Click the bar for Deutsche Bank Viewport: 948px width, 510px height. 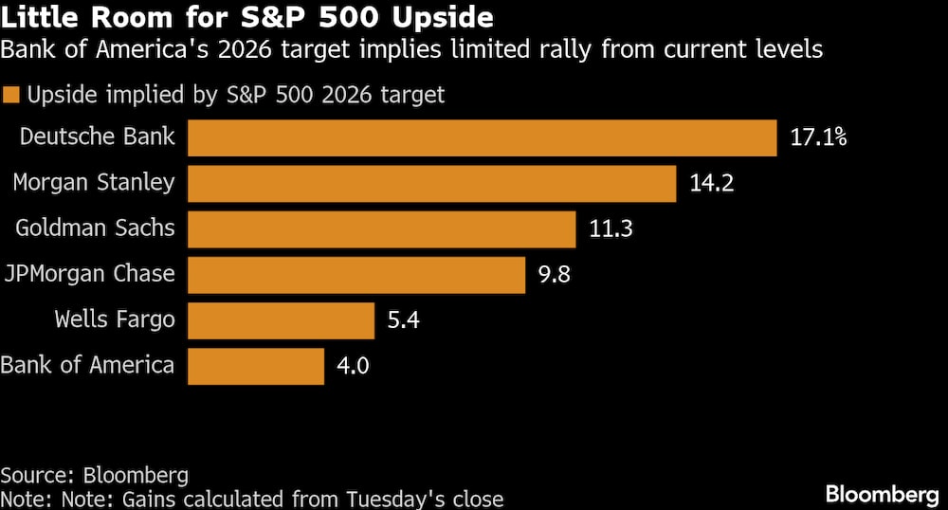point(483,137)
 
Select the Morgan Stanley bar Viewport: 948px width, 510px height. point(431,183)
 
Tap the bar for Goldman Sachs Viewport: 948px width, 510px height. point(381,228)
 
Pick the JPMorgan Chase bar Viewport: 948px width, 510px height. point(356,275)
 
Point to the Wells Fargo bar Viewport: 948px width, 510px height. point(281,320)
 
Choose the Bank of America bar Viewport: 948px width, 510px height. point(256,366)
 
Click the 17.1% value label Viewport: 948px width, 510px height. point(817,137)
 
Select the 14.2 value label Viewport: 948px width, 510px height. point(713,183)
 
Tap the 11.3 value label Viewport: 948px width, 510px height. point(611,228)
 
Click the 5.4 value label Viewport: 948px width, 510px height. point(403,320)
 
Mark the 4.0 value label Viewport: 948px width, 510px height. point(355,366)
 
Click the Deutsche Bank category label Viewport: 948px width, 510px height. point(97,137)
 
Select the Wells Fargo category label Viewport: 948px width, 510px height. point(115,319)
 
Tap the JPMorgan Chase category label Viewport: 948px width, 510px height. point(89,274)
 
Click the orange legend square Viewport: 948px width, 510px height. point(11,95)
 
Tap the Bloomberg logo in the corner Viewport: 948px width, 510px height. point(881,493)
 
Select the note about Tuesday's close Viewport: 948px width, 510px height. point(252,499)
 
